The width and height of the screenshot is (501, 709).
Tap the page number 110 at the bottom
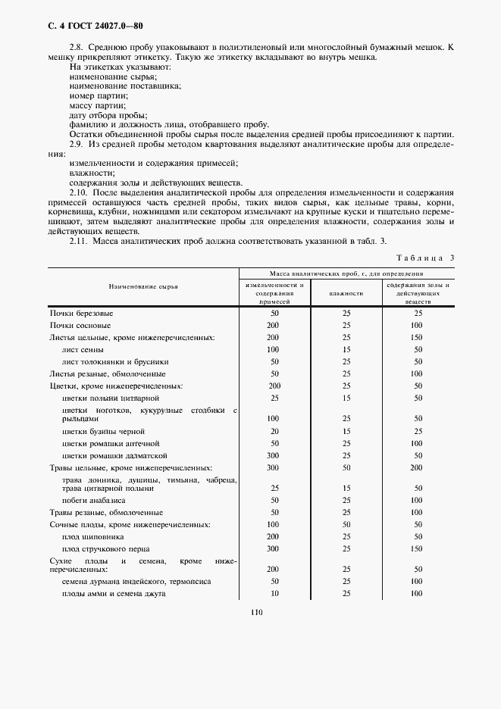(x=250, y=613)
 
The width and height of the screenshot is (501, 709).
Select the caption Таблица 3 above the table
(x=426, y=259)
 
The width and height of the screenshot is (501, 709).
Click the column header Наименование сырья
(x=142, y=288)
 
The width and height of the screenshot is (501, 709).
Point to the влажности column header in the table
(x=346, y=292)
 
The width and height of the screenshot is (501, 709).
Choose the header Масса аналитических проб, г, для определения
(x=346, y=273)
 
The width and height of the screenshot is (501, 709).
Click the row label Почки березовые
(x=81, y=313)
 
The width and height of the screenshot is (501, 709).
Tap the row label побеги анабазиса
(x=93, y=500)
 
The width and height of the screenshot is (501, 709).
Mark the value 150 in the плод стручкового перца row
(x=416, y=548)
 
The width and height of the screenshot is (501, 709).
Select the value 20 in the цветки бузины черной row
(x=274, y=430)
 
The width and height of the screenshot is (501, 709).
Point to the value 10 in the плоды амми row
(x=274, y=593)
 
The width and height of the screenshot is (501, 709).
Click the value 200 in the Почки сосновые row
(x=274, y=325)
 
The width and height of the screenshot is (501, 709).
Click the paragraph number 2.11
(x=78, y=240)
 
